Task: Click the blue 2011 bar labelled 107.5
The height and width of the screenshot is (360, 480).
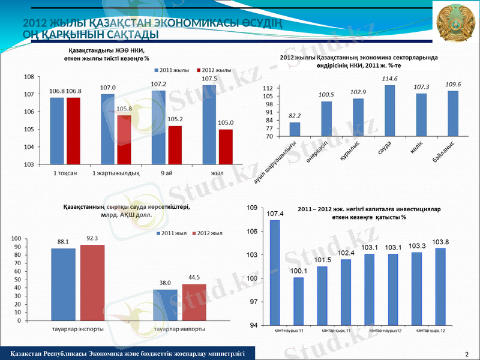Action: (x=209, y=124)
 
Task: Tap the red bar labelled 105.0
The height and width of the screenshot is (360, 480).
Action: (x=226, y=146)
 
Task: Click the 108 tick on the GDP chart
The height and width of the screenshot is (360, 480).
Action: (x=28, y=77)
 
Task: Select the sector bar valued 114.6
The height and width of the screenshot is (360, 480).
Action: (x=390, y=110)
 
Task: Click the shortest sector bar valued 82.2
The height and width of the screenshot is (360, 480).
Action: (x=295, y=129)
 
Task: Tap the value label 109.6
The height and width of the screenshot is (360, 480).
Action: (x=453, y=84)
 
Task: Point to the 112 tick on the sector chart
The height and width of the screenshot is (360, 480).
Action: (x=268, y=88)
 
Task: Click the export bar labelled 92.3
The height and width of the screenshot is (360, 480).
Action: (x=92, y=282)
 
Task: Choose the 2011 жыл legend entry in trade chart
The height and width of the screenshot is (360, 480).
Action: (x=173, y=232)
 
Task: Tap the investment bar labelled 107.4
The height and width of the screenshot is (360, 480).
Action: (x=275, y=272)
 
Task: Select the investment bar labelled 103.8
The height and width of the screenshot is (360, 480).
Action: (x=440, y=286)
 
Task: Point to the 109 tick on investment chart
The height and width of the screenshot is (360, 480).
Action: (x=253, y=208)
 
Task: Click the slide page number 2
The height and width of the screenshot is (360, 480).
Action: (x=467, y=353)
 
